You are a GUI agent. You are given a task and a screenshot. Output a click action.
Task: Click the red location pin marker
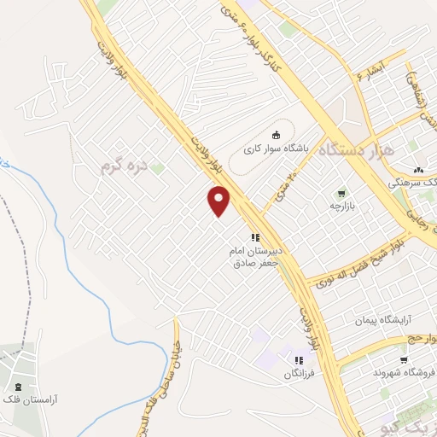click(x=219, y=201)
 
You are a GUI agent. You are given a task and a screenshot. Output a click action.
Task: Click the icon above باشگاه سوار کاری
click(x=275, y=134)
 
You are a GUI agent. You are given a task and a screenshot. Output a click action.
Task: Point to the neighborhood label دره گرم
click(x=124, y=166)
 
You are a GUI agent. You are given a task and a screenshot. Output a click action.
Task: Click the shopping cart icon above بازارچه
click(x=342, y=193)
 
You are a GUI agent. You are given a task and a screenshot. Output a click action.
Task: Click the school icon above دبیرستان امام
click(x=254, y=237)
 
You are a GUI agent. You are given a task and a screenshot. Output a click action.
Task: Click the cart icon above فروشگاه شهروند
click(x=403, y=359)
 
